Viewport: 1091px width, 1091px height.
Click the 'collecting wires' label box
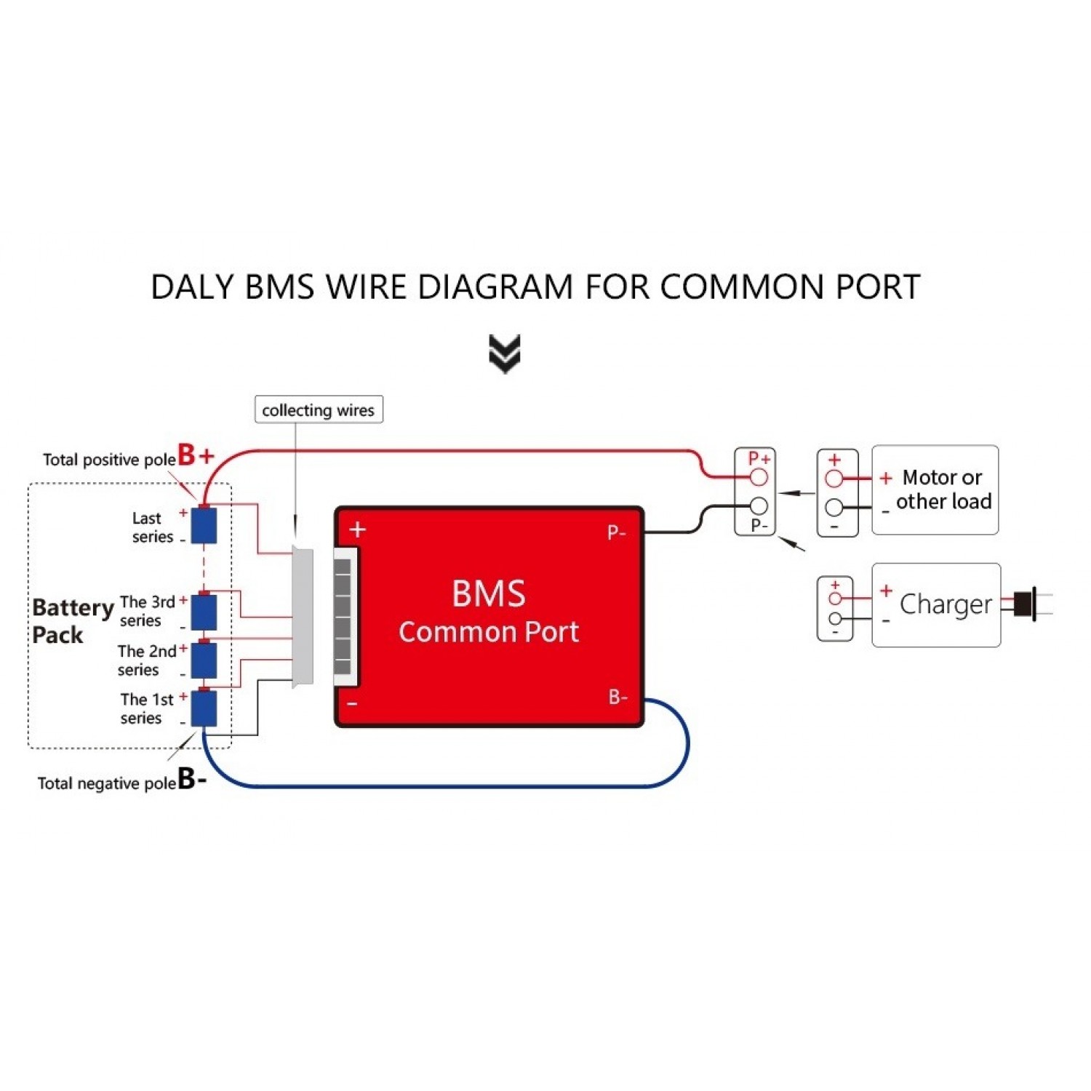[318, 409]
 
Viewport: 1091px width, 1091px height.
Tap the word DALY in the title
[192, 287]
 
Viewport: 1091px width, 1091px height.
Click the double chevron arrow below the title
[505, 353]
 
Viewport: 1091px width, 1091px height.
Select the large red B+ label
[195, 455]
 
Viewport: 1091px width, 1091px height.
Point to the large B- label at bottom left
[192, 778]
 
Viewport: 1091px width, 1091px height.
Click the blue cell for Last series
[204, 525]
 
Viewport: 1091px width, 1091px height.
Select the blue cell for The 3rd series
[204, 612]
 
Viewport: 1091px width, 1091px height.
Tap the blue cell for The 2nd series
[204, 659]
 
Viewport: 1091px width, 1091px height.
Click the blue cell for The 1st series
[204, 708]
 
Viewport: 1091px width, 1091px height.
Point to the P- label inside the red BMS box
[616, 532]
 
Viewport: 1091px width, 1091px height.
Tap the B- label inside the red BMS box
[618, 697]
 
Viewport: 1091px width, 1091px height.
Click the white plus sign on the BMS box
[357, 529]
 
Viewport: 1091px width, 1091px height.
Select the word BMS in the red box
[488, 594]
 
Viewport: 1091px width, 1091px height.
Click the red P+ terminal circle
[759, 477]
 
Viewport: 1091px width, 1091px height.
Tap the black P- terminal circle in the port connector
[759, 505]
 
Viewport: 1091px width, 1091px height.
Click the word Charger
[945, 604]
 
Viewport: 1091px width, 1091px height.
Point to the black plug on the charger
[1024, 604]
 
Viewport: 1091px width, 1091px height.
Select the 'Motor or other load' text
[943, 489]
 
